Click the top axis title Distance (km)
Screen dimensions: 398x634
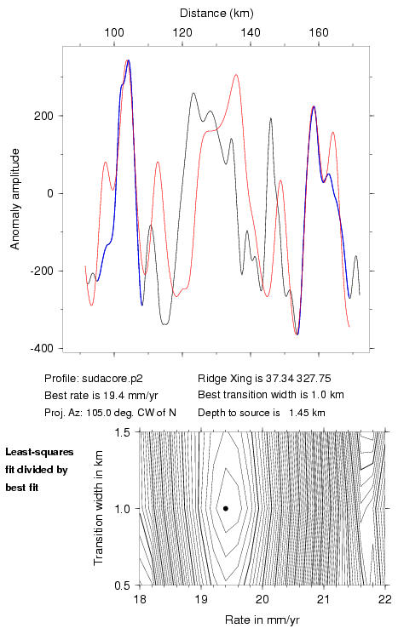(x=216, y=14)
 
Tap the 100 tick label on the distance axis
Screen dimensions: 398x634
(x=114, y=32)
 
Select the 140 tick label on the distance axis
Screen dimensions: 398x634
(x=251, y=32)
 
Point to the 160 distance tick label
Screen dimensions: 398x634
(x=319, y=32)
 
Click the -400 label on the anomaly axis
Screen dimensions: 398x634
(x=41, y=349)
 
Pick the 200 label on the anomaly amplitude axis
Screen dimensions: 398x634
(x=43, y=116)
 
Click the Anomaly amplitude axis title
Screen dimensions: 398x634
(x=15, y=199)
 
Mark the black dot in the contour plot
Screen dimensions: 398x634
(x=226, y=508)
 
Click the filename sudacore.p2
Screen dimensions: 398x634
(x=112, y=379)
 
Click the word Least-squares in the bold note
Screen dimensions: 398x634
(x=40, y=452)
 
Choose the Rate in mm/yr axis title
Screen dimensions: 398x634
(x=262, y=620)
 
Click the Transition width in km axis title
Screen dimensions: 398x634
(x=98, y=508)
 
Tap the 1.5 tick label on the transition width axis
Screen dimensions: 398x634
(x=123, y=432)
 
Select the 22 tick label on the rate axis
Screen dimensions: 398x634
(x=385, y=599)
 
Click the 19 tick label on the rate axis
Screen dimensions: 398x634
(x=201, y=599)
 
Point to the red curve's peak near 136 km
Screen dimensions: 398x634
(x=235, y=75)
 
